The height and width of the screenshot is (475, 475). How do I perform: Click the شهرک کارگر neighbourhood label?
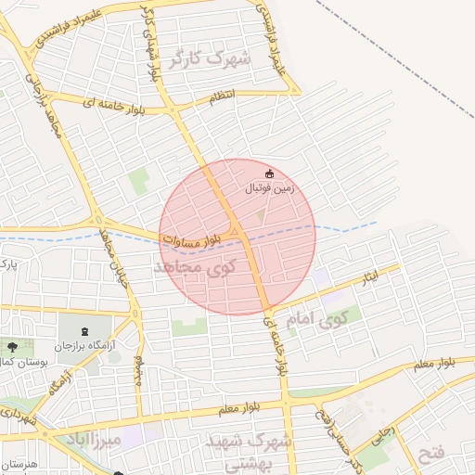click(210, 60)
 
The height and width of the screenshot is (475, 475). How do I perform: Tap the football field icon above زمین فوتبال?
click(270, 173)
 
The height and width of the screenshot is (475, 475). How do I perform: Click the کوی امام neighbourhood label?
click(317, 320)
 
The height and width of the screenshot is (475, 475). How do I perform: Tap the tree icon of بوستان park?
click(12, 347)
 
